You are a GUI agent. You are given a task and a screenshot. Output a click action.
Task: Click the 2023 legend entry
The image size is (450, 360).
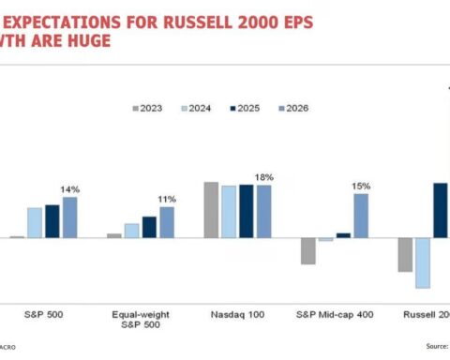point(148,108)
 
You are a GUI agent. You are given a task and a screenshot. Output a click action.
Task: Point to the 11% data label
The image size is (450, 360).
point(168,199)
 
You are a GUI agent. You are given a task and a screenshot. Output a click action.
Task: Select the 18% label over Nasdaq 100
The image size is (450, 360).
point(264,176)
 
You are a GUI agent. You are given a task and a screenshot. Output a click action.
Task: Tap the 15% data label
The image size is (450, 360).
point(361,186)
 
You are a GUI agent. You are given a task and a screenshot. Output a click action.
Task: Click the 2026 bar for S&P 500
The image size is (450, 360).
point(69,217)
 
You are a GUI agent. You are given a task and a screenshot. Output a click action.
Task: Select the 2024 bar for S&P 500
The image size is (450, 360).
point(35,222)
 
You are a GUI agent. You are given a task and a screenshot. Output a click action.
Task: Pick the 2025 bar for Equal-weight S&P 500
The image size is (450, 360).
point(149,227)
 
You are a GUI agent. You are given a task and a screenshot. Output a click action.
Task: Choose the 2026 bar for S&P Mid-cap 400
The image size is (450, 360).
point(361,215)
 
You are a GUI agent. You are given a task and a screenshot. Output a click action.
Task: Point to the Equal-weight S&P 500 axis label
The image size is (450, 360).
point(141,320)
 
